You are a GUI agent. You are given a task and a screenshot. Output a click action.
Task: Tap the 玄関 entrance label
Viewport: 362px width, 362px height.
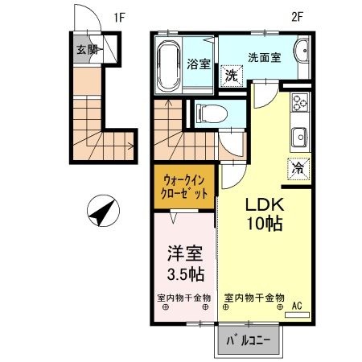pyautogui.click(x=87, y=49)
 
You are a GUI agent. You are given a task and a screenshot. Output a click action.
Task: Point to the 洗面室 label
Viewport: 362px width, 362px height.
pyautogui.click(x=261, y=57)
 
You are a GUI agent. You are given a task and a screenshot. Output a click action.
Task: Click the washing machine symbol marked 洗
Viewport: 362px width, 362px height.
pyautogui.click(x=231, y=76)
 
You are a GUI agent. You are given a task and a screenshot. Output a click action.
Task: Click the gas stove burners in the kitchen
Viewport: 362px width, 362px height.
pyautogui.click(x=300, y=104)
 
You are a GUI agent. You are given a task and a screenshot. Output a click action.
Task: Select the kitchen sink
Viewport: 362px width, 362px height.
pyautogui.click(x=299, y=136)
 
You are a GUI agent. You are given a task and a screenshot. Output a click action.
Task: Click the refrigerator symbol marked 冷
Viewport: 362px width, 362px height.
pyautogui.click(x=297, y=169)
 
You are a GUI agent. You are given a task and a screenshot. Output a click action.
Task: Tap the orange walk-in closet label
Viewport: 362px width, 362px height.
pyautogui.click(x=184, y=187)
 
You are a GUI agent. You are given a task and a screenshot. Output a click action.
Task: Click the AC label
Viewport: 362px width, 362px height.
pyautogui.click(x=296, y=305)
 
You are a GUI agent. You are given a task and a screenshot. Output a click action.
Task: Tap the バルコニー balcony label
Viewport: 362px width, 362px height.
pyautogui.click(x=248, y=342)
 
